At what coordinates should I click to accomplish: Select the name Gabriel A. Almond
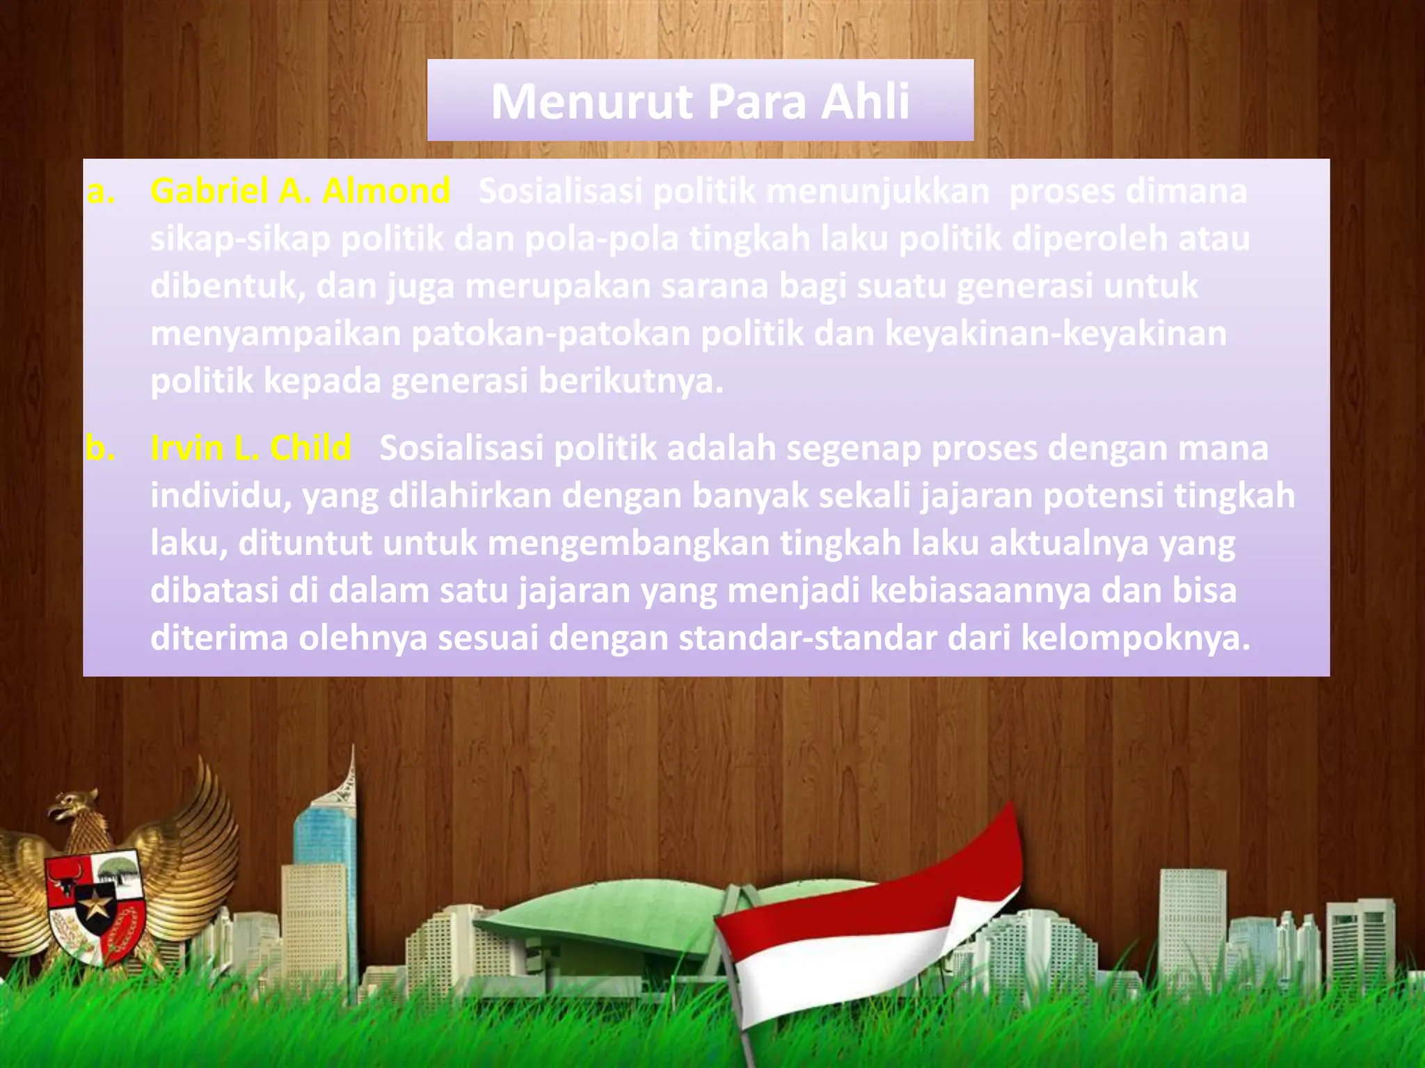[301, 191]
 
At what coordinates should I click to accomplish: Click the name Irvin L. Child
[250, 448]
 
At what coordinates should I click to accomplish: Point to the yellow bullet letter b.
[100, 448]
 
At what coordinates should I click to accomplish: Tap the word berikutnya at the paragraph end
[630, 382]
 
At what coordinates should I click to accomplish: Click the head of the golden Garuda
[77, 807]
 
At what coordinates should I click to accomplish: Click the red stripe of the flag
[870, 897]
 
